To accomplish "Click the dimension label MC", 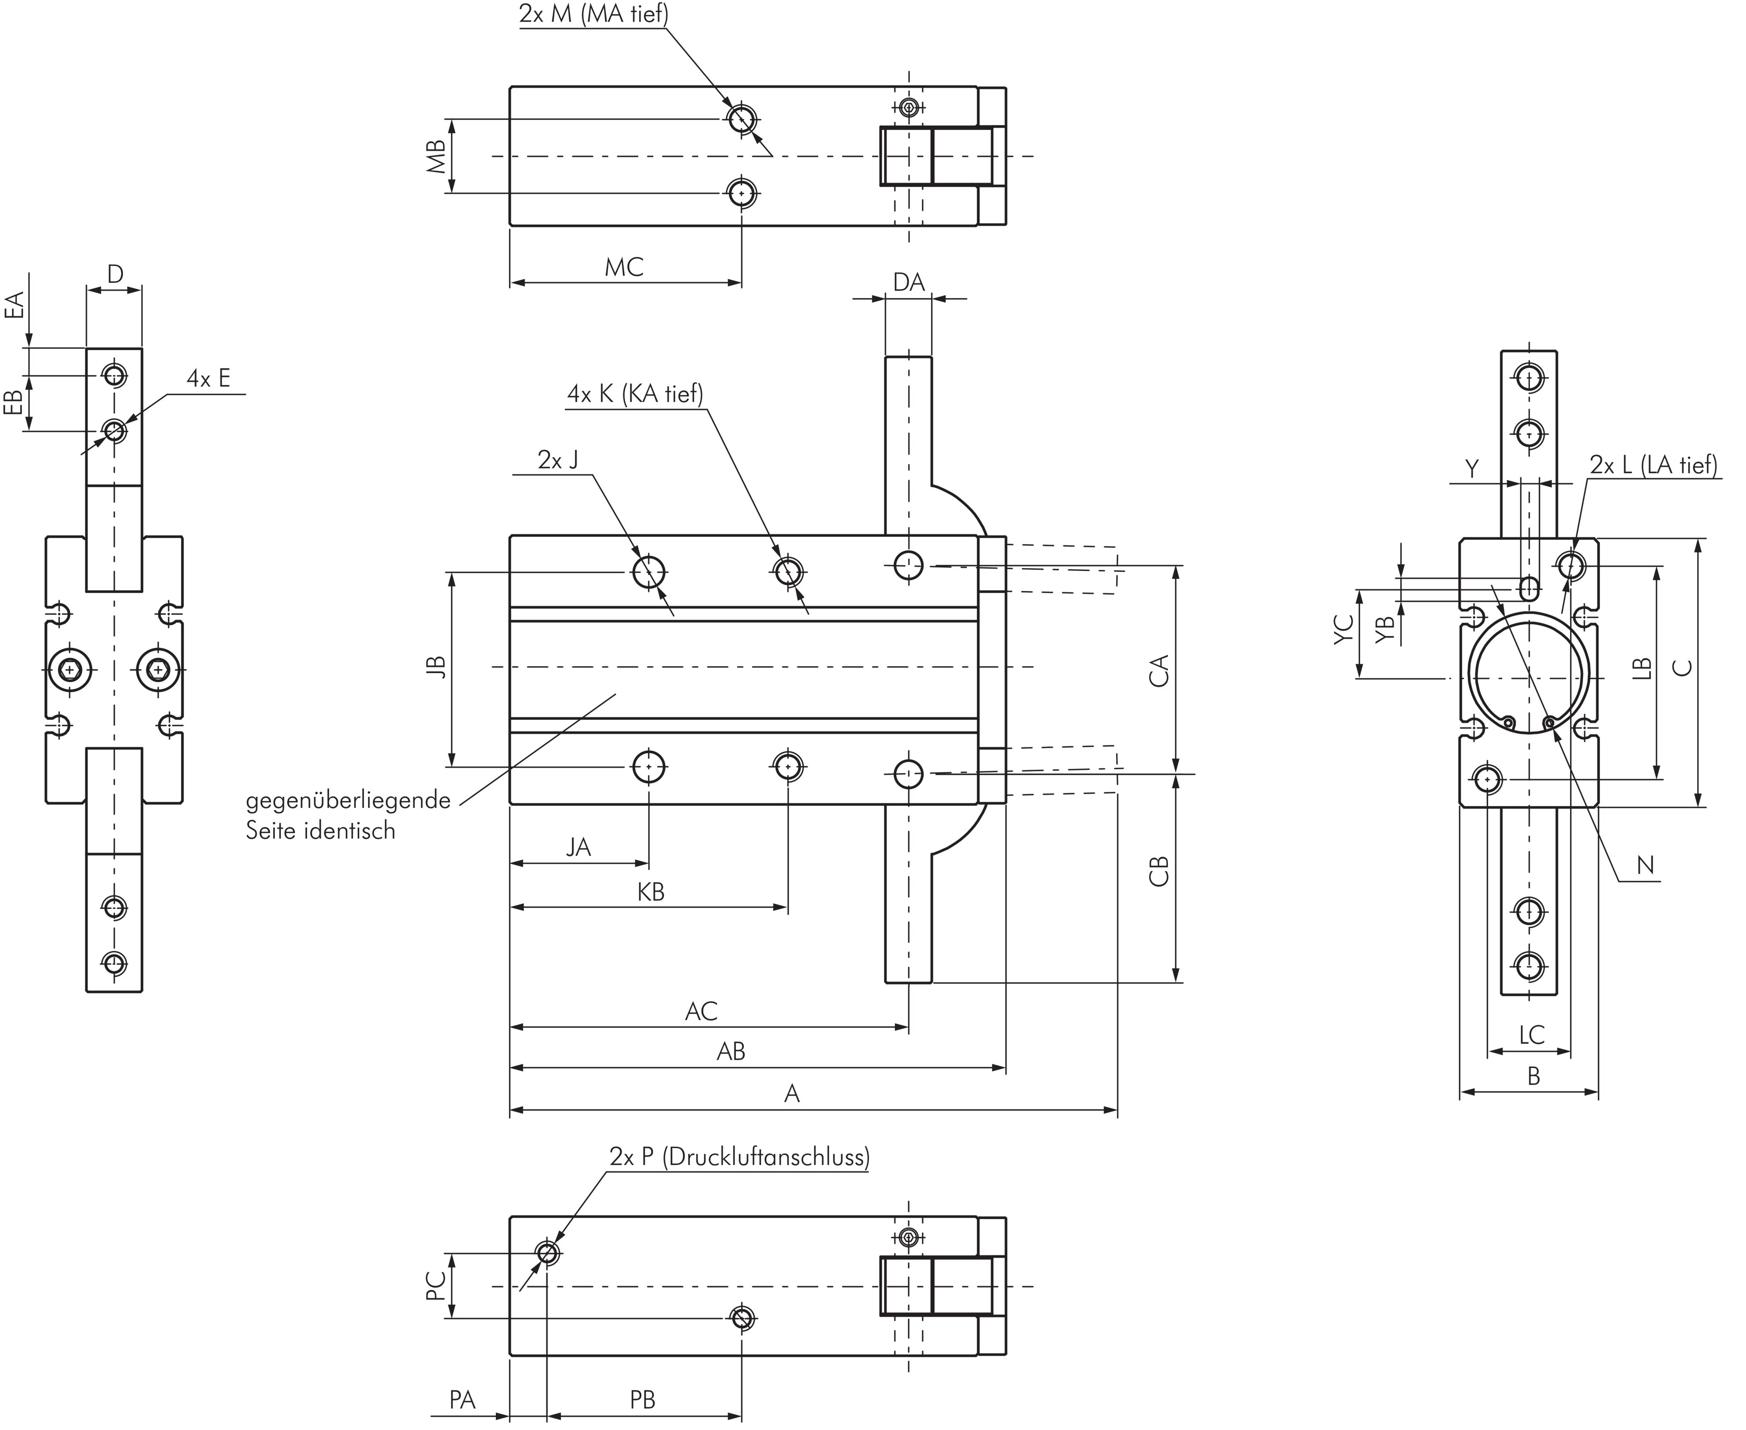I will tap(623, 267).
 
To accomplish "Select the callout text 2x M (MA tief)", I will tap(593, 14).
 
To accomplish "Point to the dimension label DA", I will tap(908, 282).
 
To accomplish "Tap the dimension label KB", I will tap(651, 892).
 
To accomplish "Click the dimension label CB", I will tap(1159, 872).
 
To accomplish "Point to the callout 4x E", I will tap(209, 379).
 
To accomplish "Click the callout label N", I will tap(1645, 865).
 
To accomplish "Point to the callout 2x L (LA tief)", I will tap(1653, 466).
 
